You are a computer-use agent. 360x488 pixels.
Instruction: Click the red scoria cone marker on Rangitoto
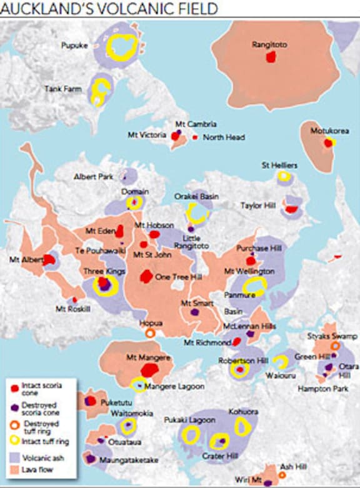tap(271, 57)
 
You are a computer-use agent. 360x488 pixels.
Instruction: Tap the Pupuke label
tap(74, 46)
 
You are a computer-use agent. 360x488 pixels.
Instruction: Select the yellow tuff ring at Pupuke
tap(122, 46)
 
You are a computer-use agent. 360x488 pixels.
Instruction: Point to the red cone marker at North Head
tap(195, 137)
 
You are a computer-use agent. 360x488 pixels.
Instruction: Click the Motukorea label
tap(329, 132)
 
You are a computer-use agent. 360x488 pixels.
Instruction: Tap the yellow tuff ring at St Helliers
tap(284, 177)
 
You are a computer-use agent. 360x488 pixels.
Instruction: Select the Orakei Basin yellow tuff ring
tap(197, 213)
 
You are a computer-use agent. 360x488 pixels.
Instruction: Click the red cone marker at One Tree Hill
tap(146, 276)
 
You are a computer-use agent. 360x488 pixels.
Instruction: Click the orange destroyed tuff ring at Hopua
tap(150, 333)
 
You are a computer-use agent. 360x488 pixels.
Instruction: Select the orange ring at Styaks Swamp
tap(335, 346)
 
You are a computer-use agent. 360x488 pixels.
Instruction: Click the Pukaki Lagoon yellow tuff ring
tap(190, 432)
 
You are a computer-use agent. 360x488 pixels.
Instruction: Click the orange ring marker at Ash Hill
tap(282, 476)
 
